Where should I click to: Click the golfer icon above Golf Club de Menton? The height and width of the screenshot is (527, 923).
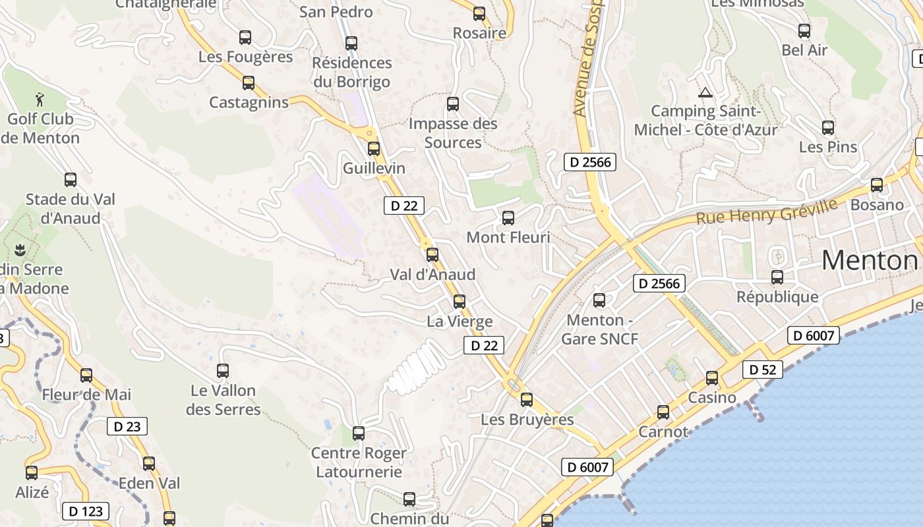click(x=40, y=99)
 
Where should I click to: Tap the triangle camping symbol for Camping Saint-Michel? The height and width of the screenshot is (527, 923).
click(x=705, y=93)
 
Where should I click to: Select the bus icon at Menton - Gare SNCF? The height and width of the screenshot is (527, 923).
click(x=599, y=300)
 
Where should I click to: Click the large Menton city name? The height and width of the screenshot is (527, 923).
click(x=870, y=260)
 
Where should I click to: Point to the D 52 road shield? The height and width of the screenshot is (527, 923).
click(x=763, y=370)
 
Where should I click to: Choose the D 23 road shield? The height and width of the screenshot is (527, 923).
click(x=127, y=426)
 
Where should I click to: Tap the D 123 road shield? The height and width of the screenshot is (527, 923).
click(x=86, y=511)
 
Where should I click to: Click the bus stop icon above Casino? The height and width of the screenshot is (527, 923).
click(x=712, y=378)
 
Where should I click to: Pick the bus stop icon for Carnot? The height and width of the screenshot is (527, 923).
click(x=663, y=412)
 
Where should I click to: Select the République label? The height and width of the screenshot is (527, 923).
click(x=777, y=297)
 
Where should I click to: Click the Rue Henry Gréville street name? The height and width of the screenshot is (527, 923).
click(x=767, y=211)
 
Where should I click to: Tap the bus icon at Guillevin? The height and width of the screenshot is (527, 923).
click(x=374, y=149)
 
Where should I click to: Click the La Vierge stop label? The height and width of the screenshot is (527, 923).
click(x=460, y=321)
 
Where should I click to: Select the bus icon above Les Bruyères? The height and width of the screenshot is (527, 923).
click(x=526, y=399)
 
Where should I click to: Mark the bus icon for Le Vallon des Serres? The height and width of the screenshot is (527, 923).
click(x=223, y=371)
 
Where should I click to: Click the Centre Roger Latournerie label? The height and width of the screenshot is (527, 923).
click(x=359, y=462)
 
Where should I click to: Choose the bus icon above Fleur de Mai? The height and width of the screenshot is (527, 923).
click(x=86, y=375)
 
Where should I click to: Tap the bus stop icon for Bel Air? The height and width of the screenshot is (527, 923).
click(x=804, y=30)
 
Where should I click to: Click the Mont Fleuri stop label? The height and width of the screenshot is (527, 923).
click(x=508, y=237)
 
